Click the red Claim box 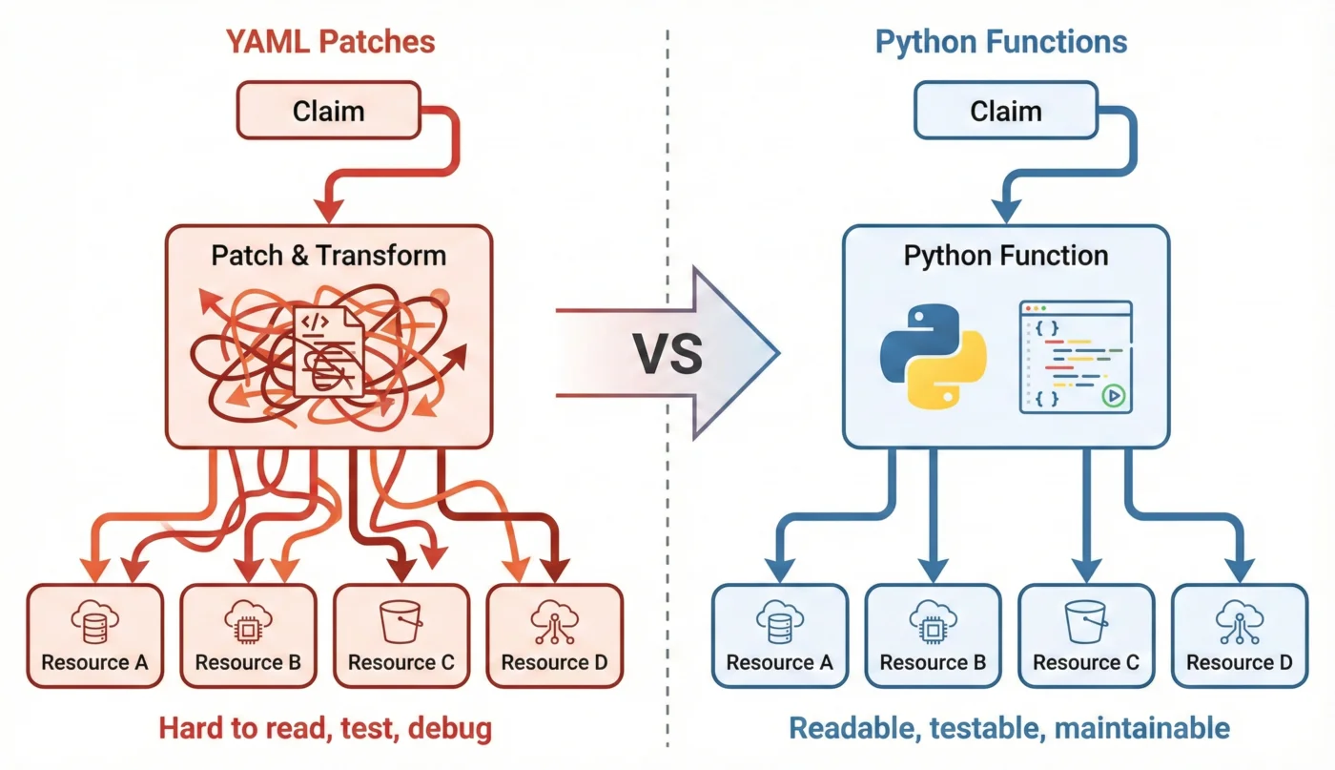click(x=328, y=111)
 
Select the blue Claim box click(x=1005, y=111)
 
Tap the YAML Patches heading click(x=330, y=42)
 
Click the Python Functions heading click(x=1001, y=42)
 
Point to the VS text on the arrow click(x=667, y=353)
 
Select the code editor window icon click(x=1075, y=357)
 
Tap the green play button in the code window click(x=1111, y=396)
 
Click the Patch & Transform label click(x=328, y=255)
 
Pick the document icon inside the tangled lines click(x=327, y=350)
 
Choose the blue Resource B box click(x=932, y=635)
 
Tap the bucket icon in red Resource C click(x=400, y=621)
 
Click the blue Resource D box click(x=1239, y=635)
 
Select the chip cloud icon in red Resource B click(x=248, y=621)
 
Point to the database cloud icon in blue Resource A click(x=779, y=621)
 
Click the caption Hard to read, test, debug click(x=325, y=730)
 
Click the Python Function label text click(x=1005, y=255)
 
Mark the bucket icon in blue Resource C click(x=1085, y=621)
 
